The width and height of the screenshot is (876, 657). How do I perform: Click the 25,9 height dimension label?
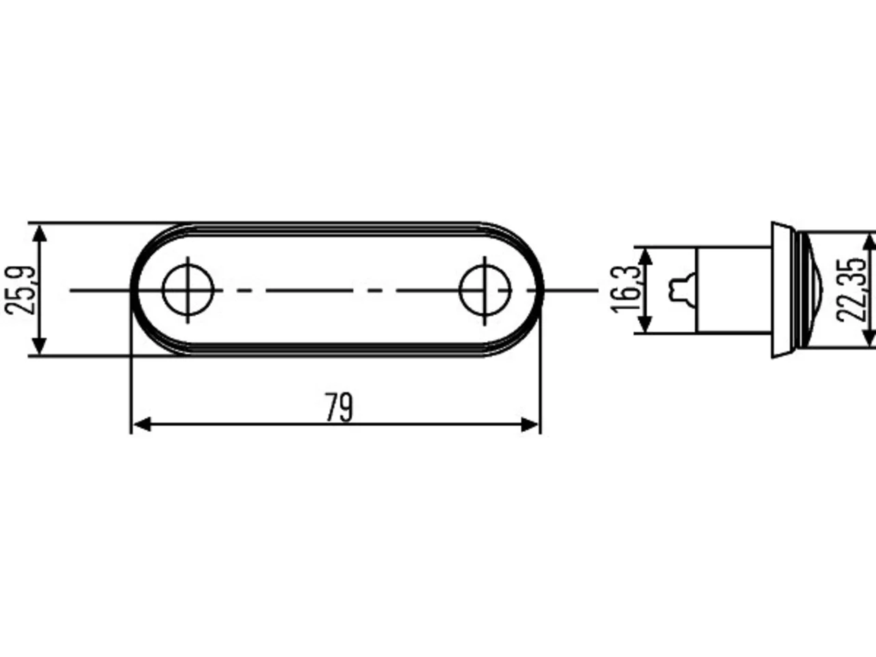pos(19,290)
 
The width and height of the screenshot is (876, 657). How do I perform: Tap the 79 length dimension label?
pos(339,407)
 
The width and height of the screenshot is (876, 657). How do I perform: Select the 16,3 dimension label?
pos(626,289)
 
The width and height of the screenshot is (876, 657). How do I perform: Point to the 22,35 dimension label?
pos(851,290)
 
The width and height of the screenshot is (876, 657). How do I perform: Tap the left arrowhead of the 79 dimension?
pos(142,425)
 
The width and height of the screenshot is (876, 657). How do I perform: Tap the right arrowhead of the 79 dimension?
pos(530,425)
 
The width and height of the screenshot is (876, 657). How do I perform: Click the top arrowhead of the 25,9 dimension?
pos(39,233)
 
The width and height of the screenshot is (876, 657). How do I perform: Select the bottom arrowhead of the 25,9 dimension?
pos(39,346)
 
